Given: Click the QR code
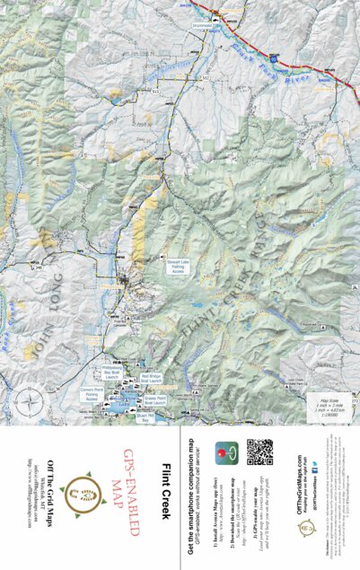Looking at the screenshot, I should tap(259, 452).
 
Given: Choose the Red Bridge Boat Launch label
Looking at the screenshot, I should tap(152, 379).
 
